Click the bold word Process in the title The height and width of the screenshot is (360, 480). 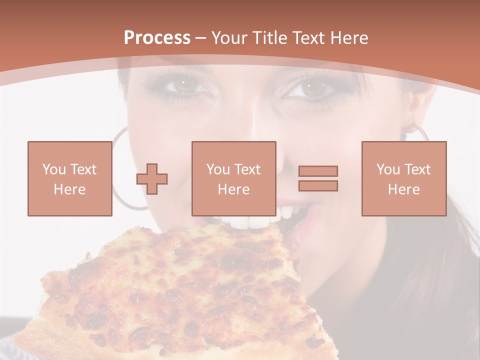pyautogui.click(x=157, y=38)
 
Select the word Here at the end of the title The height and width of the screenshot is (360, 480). pyautogui.click(x=348, y=38)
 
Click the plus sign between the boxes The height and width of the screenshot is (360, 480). pyautogui.click(x=152, y=179)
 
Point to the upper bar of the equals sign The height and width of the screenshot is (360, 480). pyautogui.click(x=318, y=171)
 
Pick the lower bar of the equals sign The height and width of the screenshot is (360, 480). pyautogui.click(x=318, y=185)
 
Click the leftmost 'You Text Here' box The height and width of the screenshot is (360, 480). pyautogui.click(x=69, y=178)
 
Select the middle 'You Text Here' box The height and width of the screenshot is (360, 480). pyautogui.click(x=233, y=178)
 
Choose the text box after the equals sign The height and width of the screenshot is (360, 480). pyautogui.click(x=403, y=178)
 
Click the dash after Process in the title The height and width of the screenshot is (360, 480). pyautogui.click(x=200, y=38)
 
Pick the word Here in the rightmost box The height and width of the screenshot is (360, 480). pyautogui.click(x=403, y=189)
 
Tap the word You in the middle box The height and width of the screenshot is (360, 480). pyautogui.click(x=218, y=169)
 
